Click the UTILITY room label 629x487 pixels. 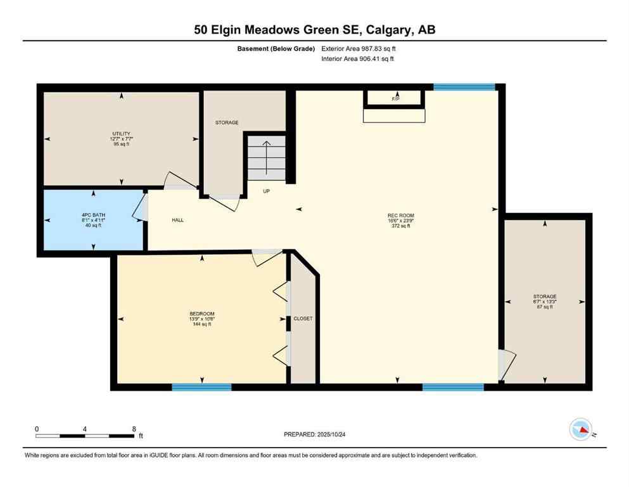[121, 134]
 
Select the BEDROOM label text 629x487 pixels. [202, 314]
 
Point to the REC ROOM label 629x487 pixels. [400, 216]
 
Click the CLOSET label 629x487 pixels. [303, 318]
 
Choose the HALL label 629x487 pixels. [178, 220]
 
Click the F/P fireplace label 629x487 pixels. [395, 99]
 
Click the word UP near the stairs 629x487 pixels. [267, 191]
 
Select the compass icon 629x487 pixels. [580, 429]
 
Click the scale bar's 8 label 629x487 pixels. [134, 429]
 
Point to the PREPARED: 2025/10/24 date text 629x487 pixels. [315, 434]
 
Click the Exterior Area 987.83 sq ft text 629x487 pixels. [359, 48]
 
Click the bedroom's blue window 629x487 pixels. [201, 387]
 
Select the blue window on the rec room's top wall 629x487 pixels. [464, 87]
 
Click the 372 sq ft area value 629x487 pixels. [400, 226]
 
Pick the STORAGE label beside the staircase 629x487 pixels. [227, 122]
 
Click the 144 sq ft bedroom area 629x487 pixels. [202, 324]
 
